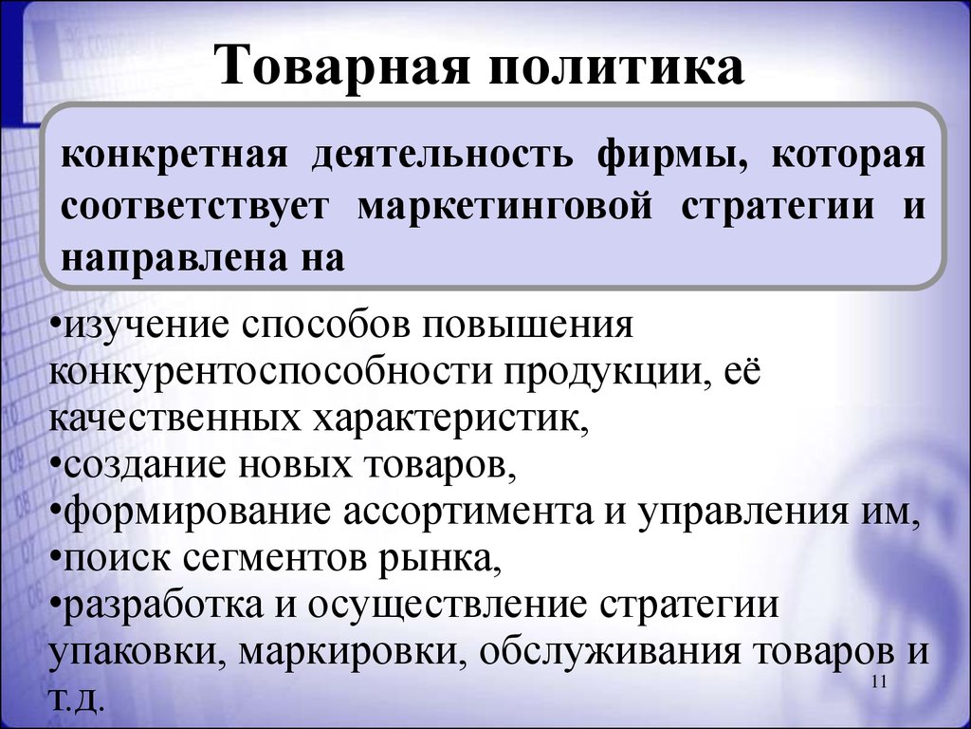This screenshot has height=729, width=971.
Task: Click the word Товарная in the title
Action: click(x=344, y=65)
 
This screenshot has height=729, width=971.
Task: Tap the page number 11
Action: click(x=879, y=682)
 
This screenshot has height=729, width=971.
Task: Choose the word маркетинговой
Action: click(x=504, y=207)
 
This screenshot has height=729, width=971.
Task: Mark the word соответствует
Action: click(x=194, y=207)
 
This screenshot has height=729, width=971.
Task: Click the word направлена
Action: click(x=175, y=258)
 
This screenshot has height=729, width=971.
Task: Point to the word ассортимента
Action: click(x=468, y=514)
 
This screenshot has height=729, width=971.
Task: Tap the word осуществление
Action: click(x=446, y=606)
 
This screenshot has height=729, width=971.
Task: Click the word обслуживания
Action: click(x=610, y=652)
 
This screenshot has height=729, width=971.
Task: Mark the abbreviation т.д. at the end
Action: click(x=73, y=699)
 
